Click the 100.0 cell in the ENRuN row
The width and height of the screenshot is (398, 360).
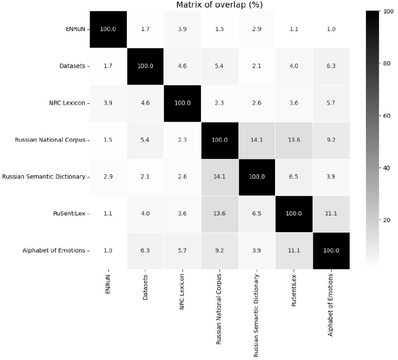[x=108, y=29]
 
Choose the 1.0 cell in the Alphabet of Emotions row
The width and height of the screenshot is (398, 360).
[x=108, y=250]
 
